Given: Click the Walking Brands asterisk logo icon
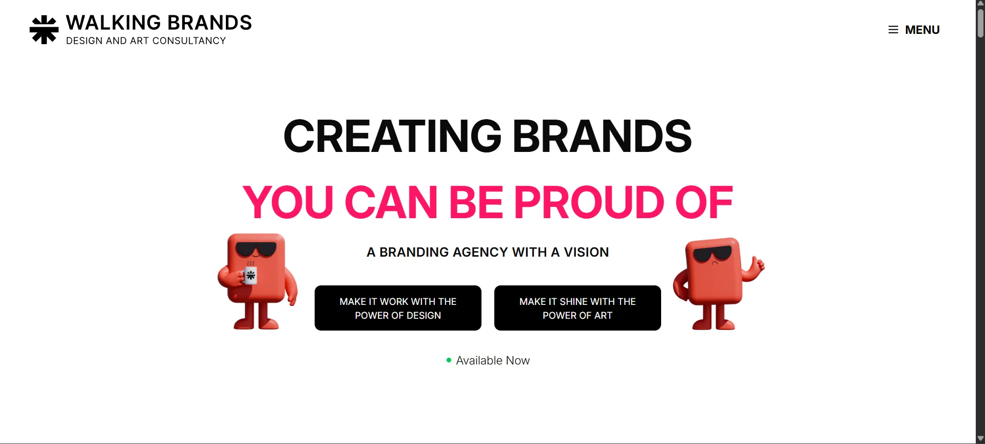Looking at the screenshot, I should (x=44, y=30).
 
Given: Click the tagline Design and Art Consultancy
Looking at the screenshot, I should (x=146, y=41).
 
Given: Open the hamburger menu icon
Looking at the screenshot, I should (x=893, y=30).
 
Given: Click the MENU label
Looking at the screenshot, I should (x=922, y=30).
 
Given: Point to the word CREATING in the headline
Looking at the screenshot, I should (x=392, y=137).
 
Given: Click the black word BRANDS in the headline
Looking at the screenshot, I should (x=602, y=137).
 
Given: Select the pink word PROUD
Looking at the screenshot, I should (x=589, y=202).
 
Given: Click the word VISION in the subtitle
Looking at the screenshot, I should (x=586, y=252).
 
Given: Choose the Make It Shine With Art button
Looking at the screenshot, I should (x=577, y=308).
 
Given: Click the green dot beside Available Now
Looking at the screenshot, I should (x=449, y=360).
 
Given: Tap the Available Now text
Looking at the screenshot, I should (x=493, y=360).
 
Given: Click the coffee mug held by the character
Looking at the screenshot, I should (x=250, y=276).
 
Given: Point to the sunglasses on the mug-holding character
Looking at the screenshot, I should (x=256, y=250).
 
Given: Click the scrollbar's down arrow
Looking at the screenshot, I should (x=980, y=439).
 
